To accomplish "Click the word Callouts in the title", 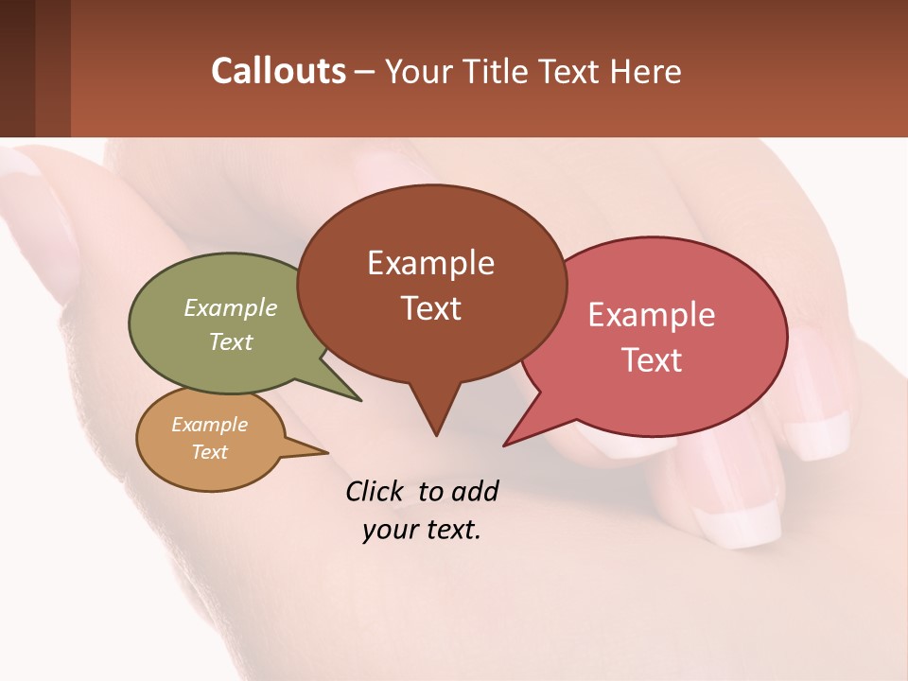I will click(278, 71).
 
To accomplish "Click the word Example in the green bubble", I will click(231, 307).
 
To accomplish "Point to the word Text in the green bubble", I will click(231, 341).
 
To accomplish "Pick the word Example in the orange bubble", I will click(210, 425).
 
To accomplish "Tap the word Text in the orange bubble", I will click(210, 452).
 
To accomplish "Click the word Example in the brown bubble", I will click(430, 263).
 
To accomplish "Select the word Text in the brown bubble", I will click(431, 308).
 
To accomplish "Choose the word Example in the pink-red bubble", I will click(652, 315).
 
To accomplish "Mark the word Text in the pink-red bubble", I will click(652, 360).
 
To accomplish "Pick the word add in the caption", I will click(474, 491).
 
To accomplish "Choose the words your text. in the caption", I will click(422, 530).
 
